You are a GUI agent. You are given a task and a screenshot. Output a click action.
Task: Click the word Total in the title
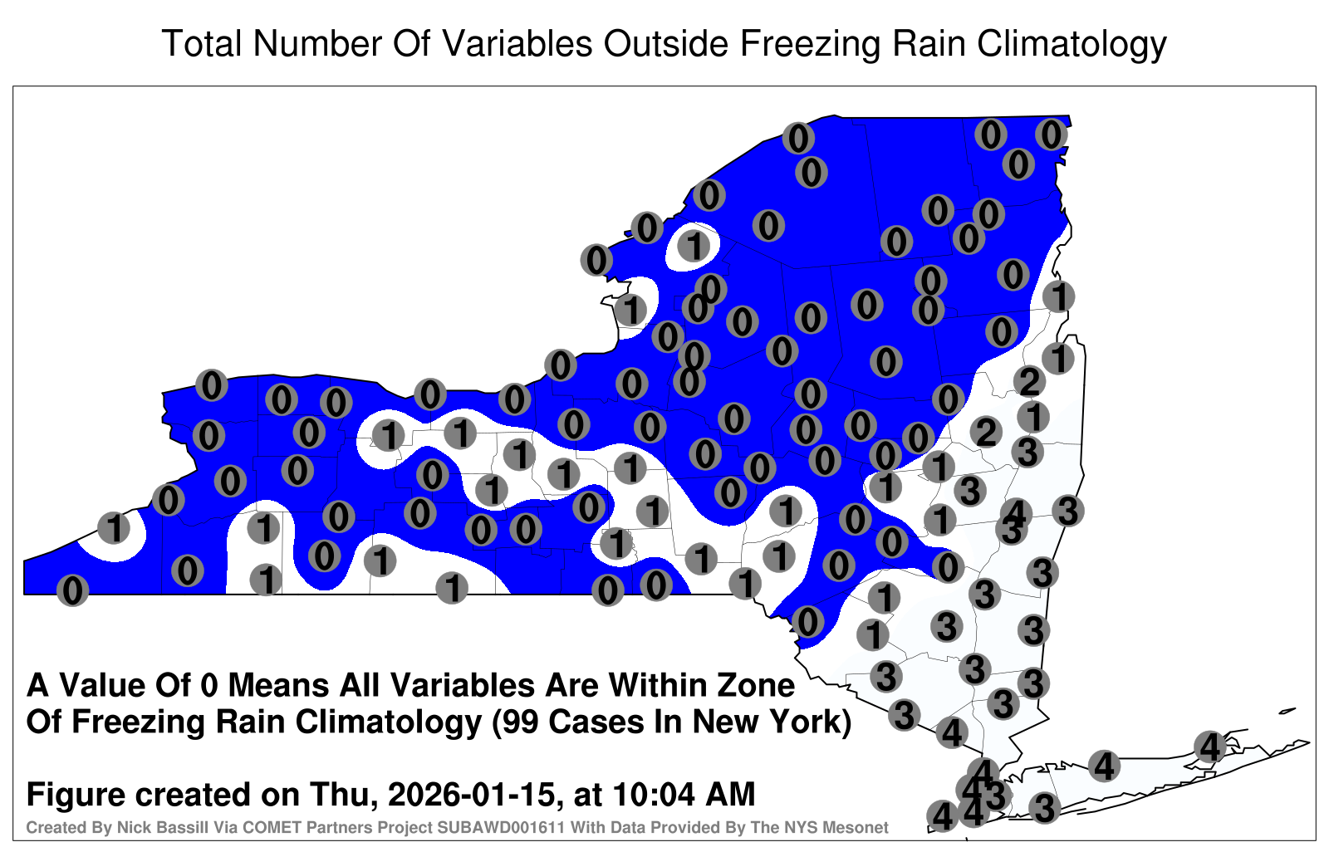pos(202,43)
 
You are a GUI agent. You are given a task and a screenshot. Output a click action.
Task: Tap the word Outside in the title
pos(666,43)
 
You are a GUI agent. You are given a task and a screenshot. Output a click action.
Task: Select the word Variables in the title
pos(516,43)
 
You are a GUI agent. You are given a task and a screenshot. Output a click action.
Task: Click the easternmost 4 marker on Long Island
pos(1209,747)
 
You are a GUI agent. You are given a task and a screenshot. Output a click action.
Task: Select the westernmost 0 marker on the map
pos(72,590)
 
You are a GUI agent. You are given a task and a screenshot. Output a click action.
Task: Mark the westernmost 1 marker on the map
pos(114,527)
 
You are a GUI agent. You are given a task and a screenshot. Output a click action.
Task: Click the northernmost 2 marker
pos(1029,381)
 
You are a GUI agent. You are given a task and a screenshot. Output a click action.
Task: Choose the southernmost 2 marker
pos(986,432)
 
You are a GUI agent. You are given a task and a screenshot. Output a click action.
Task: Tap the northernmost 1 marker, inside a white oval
pos(694,246)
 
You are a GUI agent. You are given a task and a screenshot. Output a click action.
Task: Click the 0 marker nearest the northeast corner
pos(1052,135)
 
